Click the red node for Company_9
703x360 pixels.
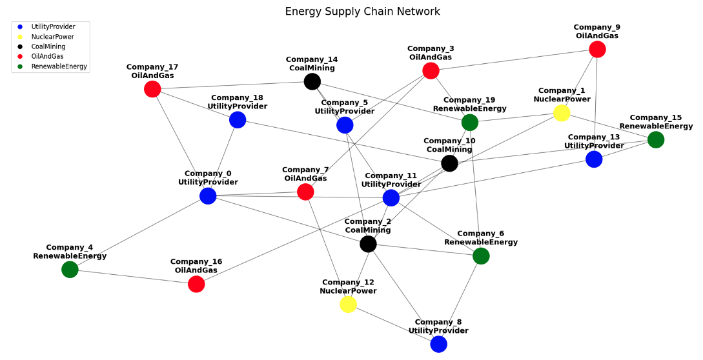click(597, 49)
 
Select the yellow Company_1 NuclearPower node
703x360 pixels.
click(562, 113)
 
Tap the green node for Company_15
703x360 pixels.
click(655, 139)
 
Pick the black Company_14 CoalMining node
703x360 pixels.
click(312, 81)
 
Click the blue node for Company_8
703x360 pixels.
click(438, 344)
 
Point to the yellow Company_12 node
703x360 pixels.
click(348, 304)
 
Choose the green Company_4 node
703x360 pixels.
click(70, 269)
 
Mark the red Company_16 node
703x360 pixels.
click(196, 284)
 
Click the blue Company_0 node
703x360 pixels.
click(208, 195)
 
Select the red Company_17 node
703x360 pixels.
click(152, 89)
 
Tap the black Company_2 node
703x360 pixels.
click(368, 243)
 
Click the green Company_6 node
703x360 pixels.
click(481, 255)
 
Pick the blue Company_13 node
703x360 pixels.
click(594, 159)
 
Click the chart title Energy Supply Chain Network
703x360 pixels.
click(362, 12)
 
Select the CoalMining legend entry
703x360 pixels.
click(48, 46)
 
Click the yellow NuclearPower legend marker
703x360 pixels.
click(20, 37)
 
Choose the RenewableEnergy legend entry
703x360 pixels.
click(58, 66)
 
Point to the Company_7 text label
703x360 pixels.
click(305, 174)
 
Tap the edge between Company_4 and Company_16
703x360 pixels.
click(133, 277)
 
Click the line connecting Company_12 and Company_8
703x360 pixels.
click(393, 324)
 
